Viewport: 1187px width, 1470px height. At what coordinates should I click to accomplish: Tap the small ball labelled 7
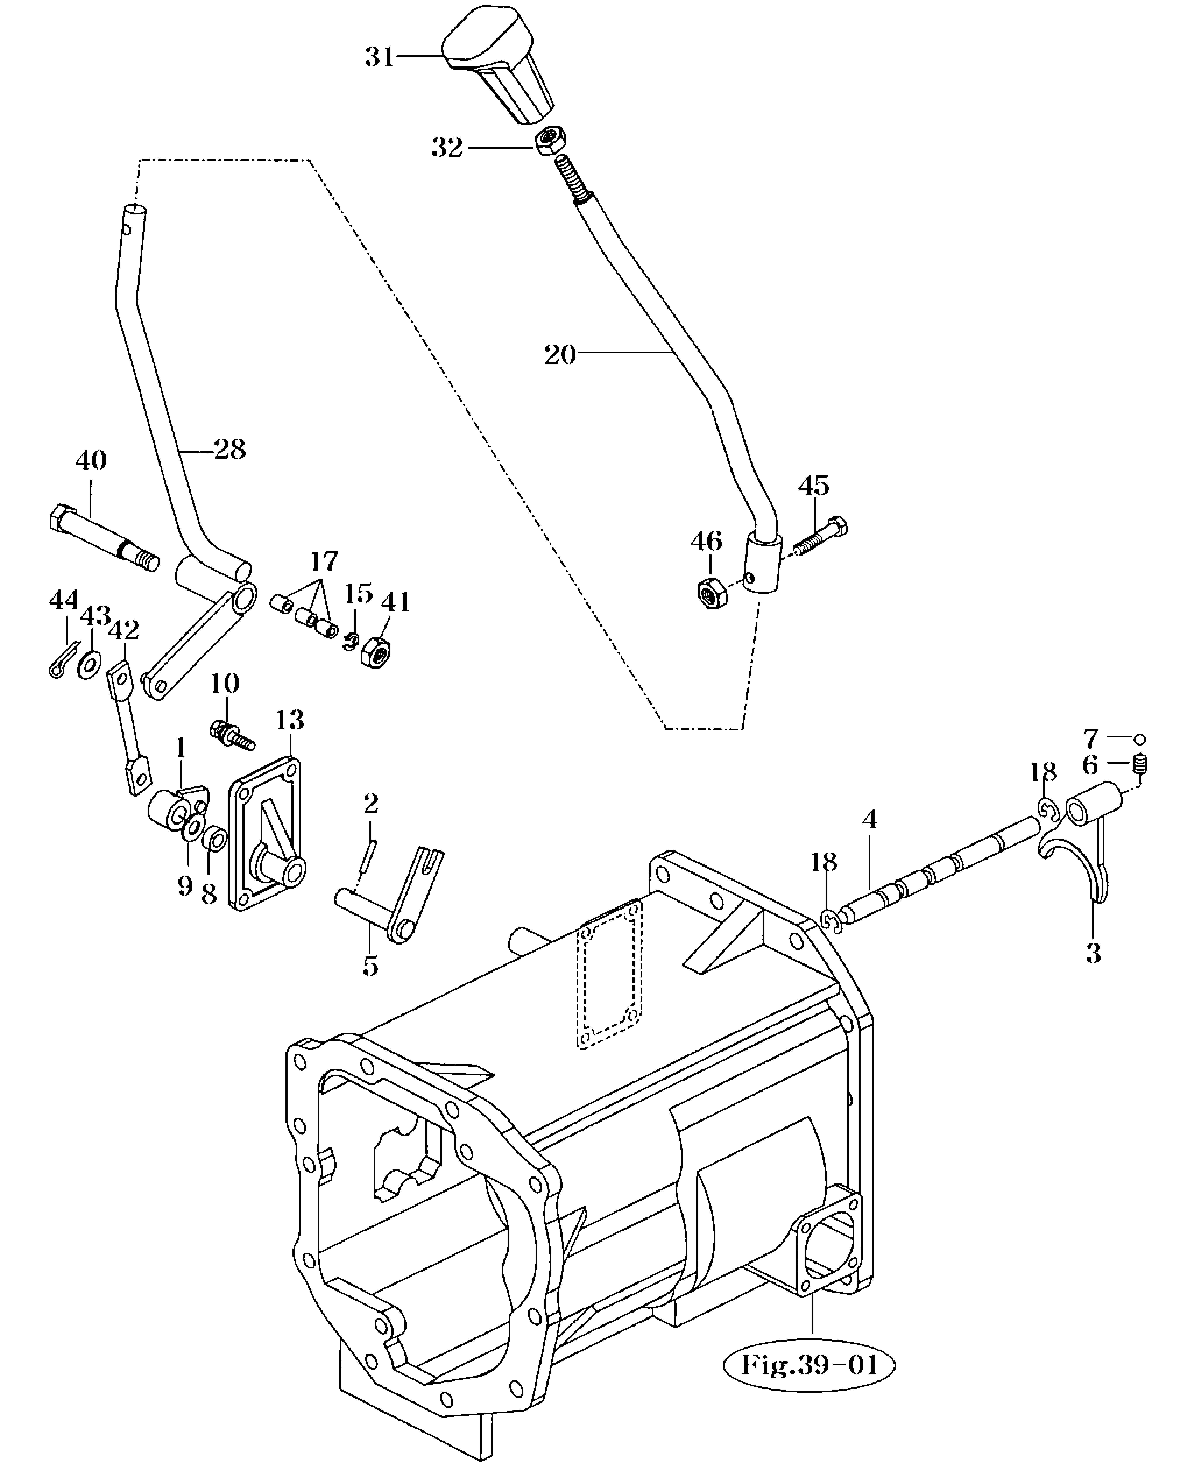click(x=1140, y=739)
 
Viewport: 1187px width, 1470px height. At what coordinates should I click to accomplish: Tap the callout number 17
click(x=324, y=561)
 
